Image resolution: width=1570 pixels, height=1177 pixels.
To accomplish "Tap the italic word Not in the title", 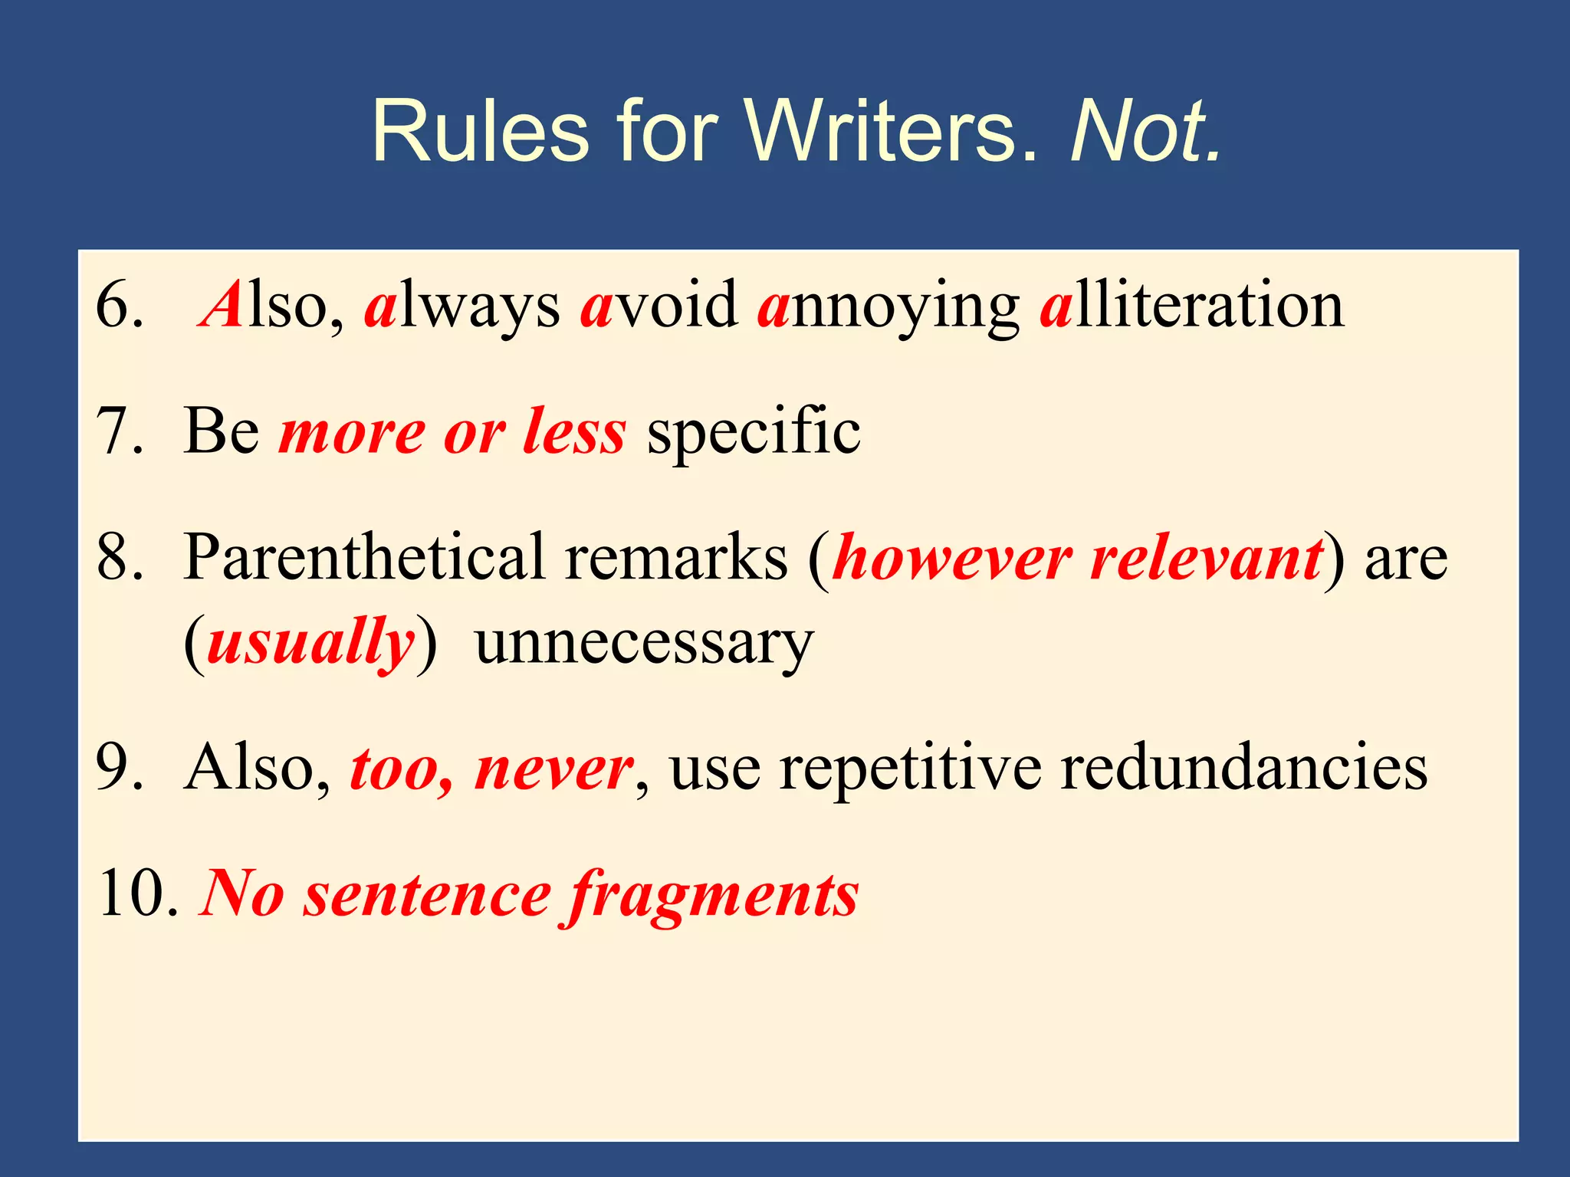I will click(1145, 131).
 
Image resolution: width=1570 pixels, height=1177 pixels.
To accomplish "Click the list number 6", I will click(120, 305).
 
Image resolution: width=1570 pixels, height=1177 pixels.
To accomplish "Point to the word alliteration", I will click(1192, 305).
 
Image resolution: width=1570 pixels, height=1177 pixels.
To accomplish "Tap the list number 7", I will click(120, 431).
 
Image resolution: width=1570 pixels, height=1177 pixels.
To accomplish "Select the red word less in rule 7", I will click(574, 431).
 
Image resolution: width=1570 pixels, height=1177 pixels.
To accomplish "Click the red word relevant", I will click(1207, 557).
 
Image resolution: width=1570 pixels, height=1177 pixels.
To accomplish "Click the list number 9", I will click(120, 767).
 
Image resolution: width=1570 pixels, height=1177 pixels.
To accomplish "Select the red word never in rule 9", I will click(553, 769).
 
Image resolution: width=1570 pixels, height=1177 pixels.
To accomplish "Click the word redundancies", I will click(1244, 767).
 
